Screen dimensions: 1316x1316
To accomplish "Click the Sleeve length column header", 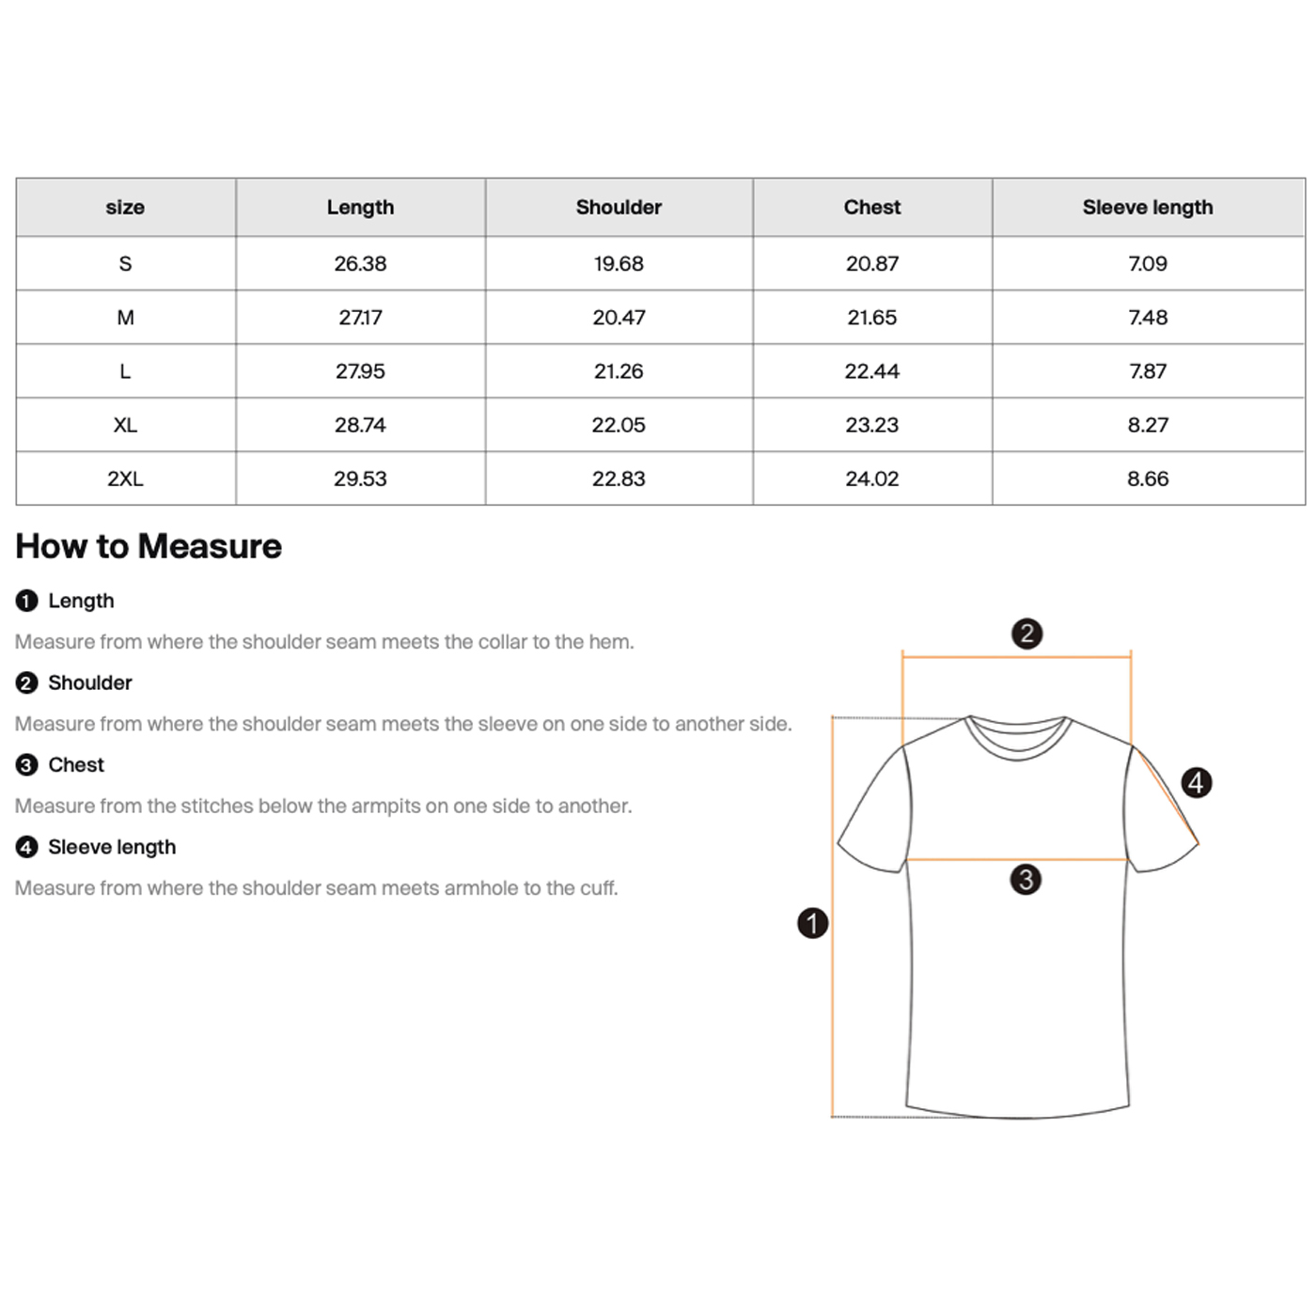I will pyautogui.click(x=1147, y=207).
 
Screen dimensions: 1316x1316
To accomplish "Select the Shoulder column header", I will pyautogui.click(x=619, y=207).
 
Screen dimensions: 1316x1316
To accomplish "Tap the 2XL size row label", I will pyautogui.click(x=125, y=478).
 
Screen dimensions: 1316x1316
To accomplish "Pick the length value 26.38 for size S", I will pyautogui.click(x=360, y=263).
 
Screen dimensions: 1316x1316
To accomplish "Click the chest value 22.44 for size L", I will pyautogui.click(x=871, y=371).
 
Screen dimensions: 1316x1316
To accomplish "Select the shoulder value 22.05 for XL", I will pyautogui.click(x=619, y=425).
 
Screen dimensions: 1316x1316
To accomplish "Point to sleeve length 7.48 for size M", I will pyautogui.click(x=1147, y=318).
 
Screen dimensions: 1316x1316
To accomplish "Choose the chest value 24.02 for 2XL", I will pyautogui.click(x=871, y=478).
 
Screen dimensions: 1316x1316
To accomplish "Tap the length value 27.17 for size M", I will pyautogui.click(x=360, y=318).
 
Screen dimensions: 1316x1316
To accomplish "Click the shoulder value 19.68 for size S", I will pyautogui.click(x=619, y=263).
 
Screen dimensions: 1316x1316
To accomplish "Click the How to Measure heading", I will pyautogui.click(x=149, y=546).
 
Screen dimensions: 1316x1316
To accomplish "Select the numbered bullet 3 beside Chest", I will pyautogui.click(x=26, y=765).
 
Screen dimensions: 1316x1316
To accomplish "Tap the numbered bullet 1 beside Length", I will pyautogui.click(x=26, y=601).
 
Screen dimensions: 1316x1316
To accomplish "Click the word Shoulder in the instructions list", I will pyautogui.click(x=89, y=682).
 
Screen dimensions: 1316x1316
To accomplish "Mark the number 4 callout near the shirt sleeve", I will pyautogui.click(x=1196, y=782).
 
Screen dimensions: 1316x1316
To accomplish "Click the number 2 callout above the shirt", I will pyautogui.click(x=1026, y=634).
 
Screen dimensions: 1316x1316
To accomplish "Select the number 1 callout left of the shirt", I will pyautogui.click(x=813, y=923).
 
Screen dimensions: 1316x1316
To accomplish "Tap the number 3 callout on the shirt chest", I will pyautogui.click(x=1026, y=880).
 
